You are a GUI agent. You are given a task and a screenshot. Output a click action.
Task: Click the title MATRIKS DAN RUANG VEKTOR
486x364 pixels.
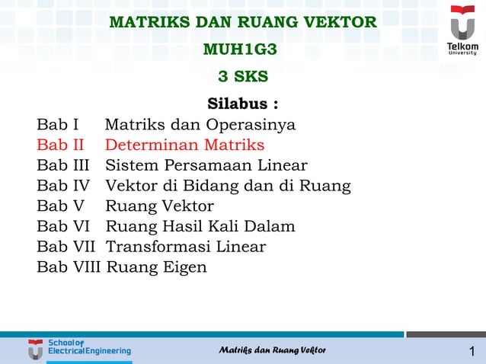pos(243,22)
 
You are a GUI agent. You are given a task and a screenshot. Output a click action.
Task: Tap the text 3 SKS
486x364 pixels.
pos(243,77)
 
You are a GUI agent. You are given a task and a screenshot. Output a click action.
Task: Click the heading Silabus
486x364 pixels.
pos(242,104)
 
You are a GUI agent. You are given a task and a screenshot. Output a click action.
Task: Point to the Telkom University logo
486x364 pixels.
pos(462,30)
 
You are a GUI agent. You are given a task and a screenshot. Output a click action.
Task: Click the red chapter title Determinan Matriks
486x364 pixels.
pos(184,145)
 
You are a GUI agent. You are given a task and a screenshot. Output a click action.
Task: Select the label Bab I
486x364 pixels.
pos(58,124)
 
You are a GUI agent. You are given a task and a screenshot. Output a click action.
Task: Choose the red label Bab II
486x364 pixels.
pos(60,145)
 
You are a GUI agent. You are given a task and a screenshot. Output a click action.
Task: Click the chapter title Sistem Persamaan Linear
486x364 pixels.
pos(206,165)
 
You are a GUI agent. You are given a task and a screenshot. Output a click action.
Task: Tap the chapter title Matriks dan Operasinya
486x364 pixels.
pos(200,124)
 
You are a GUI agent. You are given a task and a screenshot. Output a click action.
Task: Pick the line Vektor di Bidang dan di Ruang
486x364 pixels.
pos(228,186)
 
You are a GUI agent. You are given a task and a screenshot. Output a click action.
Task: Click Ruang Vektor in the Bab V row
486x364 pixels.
pos(159,206)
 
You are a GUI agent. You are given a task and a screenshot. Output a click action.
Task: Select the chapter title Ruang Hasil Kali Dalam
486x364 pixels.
pos(200,226)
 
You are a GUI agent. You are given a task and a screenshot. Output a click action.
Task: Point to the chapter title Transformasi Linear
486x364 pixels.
pos(185,247)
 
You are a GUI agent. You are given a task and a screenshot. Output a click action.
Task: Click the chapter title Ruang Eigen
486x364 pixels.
pos(156,267)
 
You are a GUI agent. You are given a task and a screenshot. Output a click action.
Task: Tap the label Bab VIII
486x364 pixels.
pos(69,267)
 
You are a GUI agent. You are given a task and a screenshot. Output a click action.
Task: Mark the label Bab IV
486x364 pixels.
pos(63,186)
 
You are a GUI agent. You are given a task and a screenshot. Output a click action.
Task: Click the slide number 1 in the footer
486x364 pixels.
pos(472,351)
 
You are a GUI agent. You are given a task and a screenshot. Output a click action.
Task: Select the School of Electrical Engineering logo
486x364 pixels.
pos(79,350)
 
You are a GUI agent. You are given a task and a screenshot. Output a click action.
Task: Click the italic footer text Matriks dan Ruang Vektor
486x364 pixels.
pos(272,350)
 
